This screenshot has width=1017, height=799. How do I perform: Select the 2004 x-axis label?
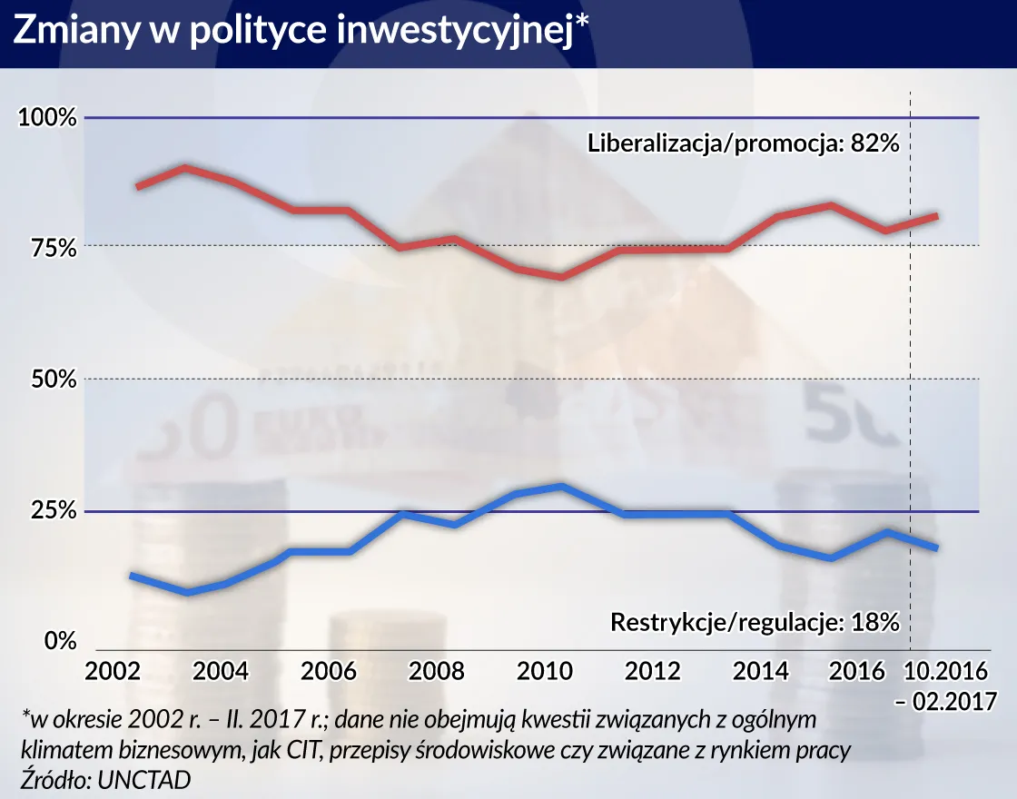(x=221, y=672)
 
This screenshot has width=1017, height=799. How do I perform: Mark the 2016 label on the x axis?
(x=858, y=672)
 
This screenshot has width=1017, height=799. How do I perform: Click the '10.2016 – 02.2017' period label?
(x=952, y=686)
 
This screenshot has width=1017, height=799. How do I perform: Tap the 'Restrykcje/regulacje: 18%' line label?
(x=755, y=623)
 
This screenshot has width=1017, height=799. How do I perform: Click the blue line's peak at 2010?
(x=562, y=487)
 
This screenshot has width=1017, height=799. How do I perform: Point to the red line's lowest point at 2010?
(x=562, y=276)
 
